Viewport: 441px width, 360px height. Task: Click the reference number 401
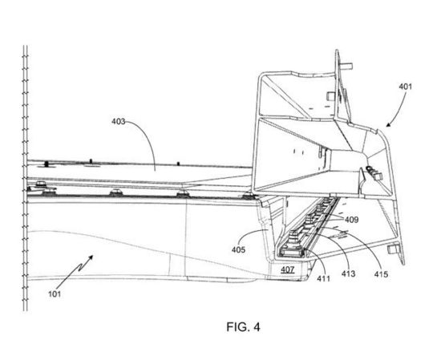(x=405, y=87)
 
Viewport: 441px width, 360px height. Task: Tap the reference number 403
(x=118, y=122)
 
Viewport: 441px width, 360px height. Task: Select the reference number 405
(x=238, y=249)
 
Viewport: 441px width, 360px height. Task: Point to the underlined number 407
(x=287, y=269)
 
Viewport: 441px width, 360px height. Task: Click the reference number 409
(x=351, y=220)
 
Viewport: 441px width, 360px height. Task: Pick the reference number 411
(x=323, y=278)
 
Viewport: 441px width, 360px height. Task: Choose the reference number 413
(x=349, y=273)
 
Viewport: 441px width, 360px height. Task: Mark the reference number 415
(x=381, y=274)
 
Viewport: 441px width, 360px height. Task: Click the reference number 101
(x=55, y=294)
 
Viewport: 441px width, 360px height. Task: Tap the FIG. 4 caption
(x=243, y=327)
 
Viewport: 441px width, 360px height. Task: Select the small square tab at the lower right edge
(x=392, y=249)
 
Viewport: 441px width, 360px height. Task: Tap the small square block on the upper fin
(x=330, y=96)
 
